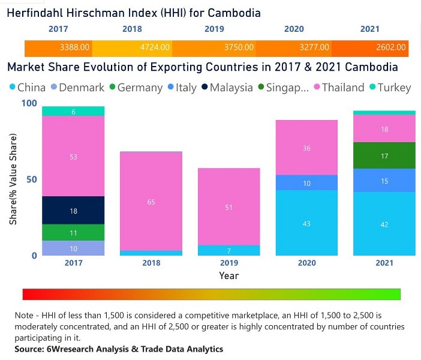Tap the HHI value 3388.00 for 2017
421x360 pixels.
click(x=76, y=47)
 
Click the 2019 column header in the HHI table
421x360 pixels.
click(x=214, y=29)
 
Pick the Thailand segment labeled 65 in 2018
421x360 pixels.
click(x=151, y=202)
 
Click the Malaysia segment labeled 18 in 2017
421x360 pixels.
click(x=73, y=211)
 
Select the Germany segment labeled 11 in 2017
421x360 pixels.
click(x=73, y=233)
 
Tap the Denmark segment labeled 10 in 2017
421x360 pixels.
click(x=73, y=248)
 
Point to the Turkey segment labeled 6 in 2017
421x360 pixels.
click(x=73, y=112)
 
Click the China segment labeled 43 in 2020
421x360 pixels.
click(x=306, y=223)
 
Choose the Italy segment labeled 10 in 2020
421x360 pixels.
click(x=306, y=183)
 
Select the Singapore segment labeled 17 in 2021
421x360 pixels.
click(x=384, y=156)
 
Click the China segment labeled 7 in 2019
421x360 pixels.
click(x=228, y=250)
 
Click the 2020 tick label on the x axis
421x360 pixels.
click(x=306, y=263)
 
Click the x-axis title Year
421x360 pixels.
click(x=228, y=276)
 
